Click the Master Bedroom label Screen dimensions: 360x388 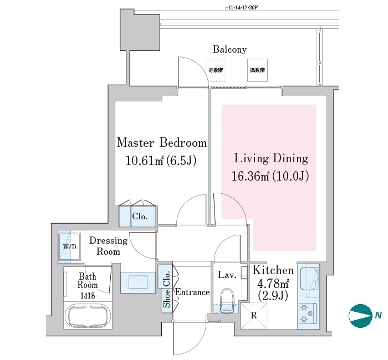point(161,143)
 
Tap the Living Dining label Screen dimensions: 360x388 point(270,158)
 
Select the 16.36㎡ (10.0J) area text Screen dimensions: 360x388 point(270,177)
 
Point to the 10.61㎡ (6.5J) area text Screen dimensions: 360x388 point(161,161)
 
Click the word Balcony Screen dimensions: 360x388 point(229,49)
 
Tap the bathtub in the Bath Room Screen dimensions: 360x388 point(90,316)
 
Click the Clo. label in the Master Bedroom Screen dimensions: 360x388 point(139,217)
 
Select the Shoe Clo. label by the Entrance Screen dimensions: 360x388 point(166,287)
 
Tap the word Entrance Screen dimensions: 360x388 point(192,292)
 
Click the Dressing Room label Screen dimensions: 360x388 point(108,246)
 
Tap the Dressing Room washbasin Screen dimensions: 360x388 point(136,282)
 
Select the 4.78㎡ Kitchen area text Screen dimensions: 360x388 point(271,285)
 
